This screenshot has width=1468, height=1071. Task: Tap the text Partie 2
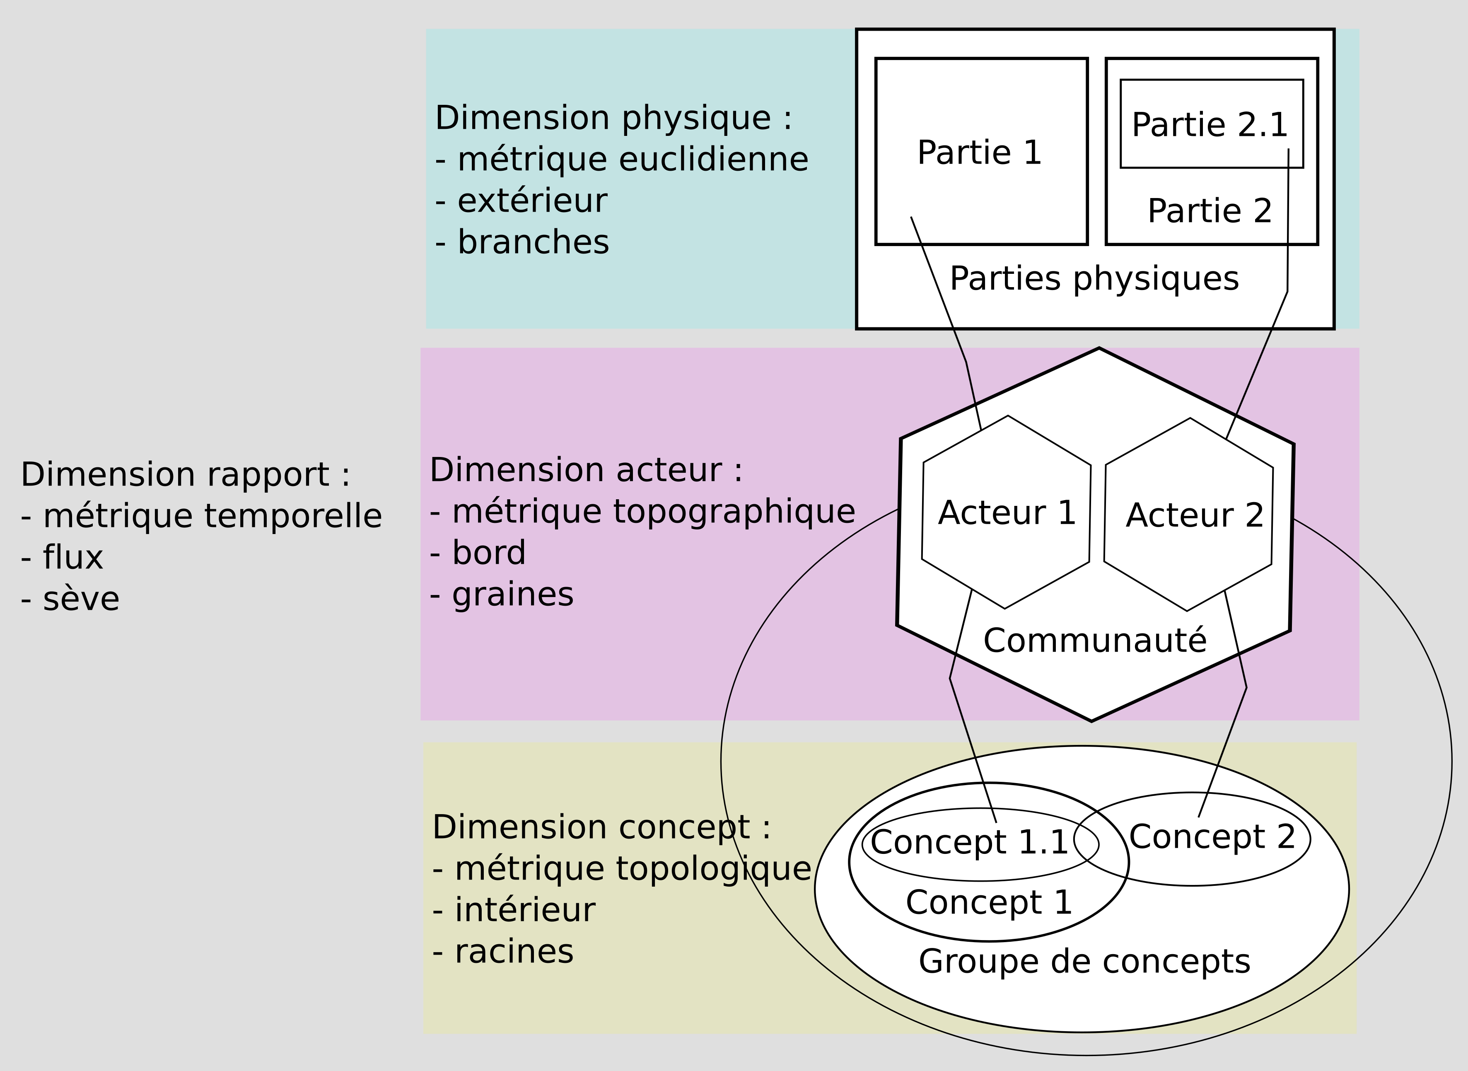(x=1210, y=211)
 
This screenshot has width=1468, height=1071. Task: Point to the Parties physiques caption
(x=1094, y=279)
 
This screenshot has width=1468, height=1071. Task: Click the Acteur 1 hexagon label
(x=1007, y=513)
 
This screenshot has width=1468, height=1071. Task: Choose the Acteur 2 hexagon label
(x=1195, y=515)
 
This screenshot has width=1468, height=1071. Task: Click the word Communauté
(x=1095, y=641)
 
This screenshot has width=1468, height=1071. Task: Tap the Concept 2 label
(x=1212, y=836)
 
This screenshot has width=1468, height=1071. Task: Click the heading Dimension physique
(x=613, y=118)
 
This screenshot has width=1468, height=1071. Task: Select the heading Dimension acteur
(x=586, y=470)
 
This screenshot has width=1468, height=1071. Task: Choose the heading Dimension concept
(x=601, y=827)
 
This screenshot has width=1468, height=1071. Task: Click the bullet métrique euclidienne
(x=633, y=160)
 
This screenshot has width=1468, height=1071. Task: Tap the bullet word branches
(x=533, y=242)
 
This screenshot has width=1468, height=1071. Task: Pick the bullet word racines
(x=514, y=952)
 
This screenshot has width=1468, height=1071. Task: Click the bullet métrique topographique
(x=653, y=512)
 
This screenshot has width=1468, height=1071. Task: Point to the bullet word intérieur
(x=524, y=910)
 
